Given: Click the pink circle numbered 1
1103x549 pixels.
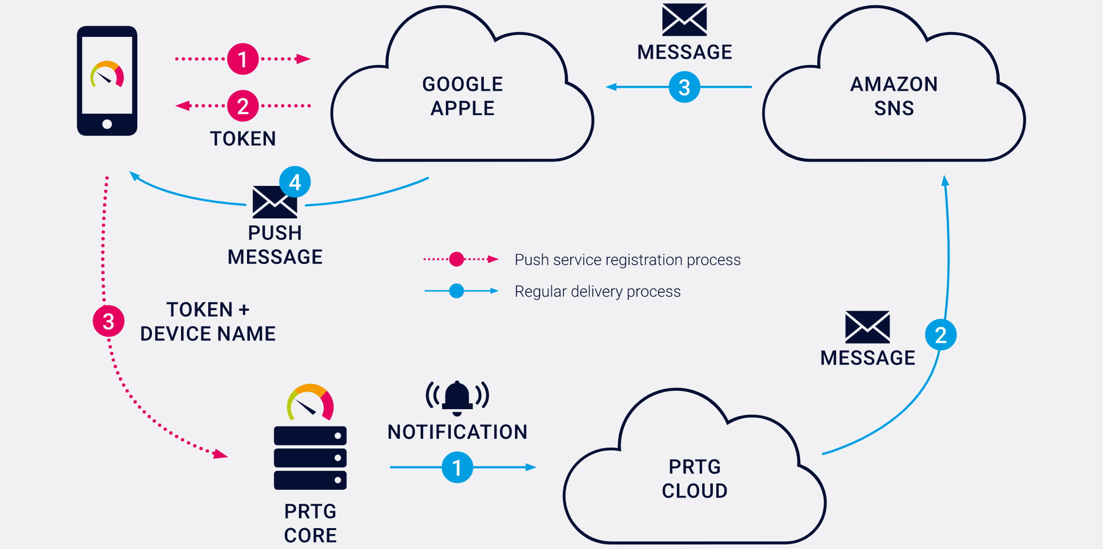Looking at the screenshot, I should [243, 59].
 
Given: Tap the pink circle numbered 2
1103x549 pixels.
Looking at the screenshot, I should [243, 106].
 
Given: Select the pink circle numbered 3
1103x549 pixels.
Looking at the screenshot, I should [109, 321].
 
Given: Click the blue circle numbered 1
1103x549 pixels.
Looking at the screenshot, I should [457, 467].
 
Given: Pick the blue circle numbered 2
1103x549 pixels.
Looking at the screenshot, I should [940, 335].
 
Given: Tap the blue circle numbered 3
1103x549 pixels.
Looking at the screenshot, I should [684, 87].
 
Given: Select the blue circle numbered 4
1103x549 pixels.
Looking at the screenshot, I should [295, 182].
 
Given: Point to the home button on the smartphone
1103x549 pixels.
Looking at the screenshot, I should [107, 124].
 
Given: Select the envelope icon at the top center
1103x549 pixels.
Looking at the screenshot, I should [684, 20].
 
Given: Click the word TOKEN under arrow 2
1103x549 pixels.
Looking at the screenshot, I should [243, 139].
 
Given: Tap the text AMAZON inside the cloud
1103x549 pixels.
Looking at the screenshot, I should [894, 84].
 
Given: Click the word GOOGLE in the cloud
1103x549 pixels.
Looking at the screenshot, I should [462, 84].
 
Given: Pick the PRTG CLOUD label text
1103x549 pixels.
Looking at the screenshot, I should [694, 479].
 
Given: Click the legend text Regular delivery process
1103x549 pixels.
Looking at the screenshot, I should [597, 291].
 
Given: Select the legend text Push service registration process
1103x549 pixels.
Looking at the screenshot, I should [627, 260].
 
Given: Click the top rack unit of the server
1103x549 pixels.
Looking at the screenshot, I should [310, 435].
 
